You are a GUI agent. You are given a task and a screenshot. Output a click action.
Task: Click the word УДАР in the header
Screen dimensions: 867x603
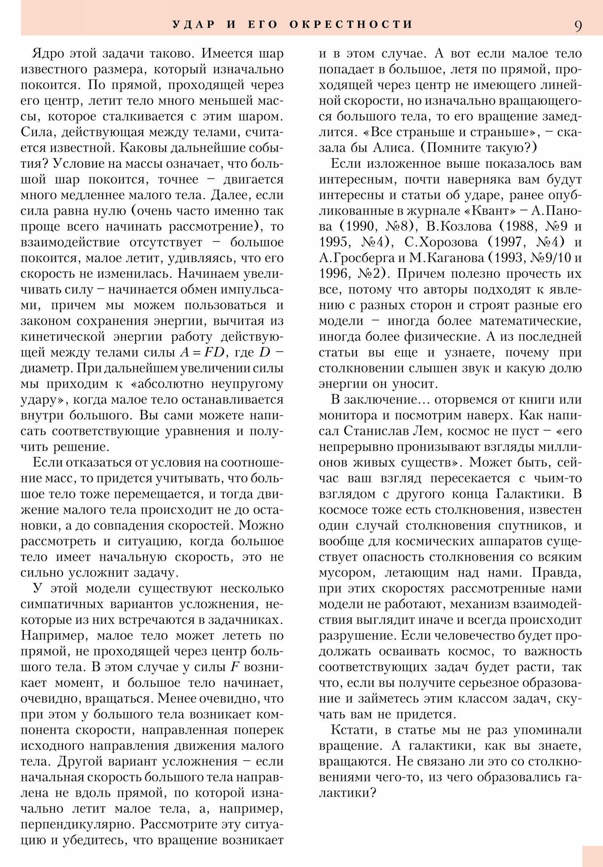click(x=194, y=25)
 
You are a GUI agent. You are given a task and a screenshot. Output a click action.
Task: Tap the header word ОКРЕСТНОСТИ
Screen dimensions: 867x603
click(x=351, y=25)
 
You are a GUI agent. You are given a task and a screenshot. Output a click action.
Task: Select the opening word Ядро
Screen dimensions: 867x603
click(x=48, y=54)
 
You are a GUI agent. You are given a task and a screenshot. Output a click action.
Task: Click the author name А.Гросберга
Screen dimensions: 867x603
click(x=352, y=258)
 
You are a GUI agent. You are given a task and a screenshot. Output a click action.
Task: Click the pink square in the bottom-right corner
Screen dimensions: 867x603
click(x=592, y=856)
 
